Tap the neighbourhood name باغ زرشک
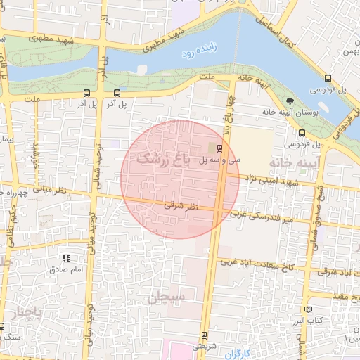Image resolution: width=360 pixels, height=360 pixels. pyautogui.click(x=164, y=158)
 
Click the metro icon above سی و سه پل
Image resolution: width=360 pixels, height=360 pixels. pyautogui.click(x=220, y=148)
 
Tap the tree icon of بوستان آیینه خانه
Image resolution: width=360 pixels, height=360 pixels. pyautogui.click(x=290, y=102)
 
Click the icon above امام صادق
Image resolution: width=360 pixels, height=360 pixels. pyautogui.click(x=67, y=259)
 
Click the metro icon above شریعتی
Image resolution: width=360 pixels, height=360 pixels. pyautogui.click(x=204, y=335)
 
